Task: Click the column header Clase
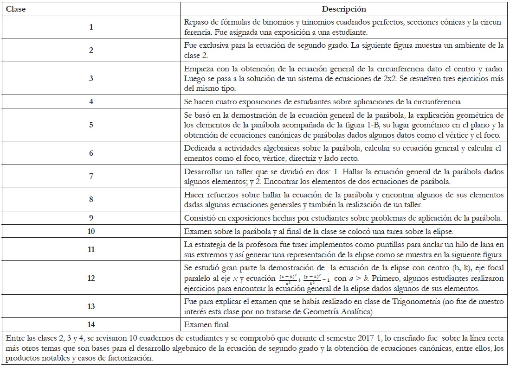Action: click(x=16, y=9)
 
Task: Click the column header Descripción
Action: click(x=344, y=9)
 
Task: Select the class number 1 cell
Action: click(x=91, y=27)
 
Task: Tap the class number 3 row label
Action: click(x=91, y=79)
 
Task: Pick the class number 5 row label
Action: click(x=91, y=124)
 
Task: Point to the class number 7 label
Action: click(x=91, y=176)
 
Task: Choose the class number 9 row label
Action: click(x=91, y=218)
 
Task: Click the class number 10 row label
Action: click(x=91, y=232)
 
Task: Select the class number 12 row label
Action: click(x=91, y=278)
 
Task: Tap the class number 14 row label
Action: click(x=91, y=324)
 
